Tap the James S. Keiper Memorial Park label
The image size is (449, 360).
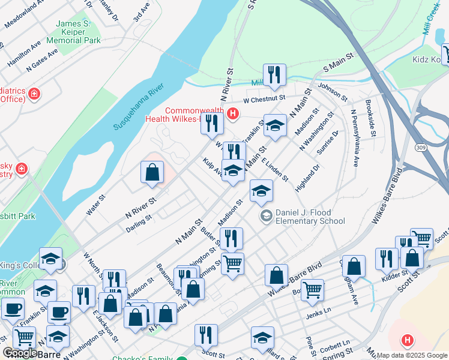pyautogui.click(x=77, y=32)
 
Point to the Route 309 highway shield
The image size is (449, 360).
pyautogui.click(x=420, y=147)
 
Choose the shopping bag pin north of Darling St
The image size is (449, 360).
pyautogui.click(x=152, y=172)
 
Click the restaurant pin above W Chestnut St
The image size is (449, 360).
pyautogui.click(x=274, y=74)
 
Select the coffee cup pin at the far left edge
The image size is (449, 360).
pyautogui.click(x=13, y=308)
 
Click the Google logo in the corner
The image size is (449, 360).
pyautogui.click(x=20, y=353)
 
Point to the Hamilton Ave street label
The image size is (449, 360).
pyautogui.click(x=25, y=54)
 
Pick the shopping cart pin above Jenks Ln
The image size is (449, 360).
pyautogui.click(x=312, y=289)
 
